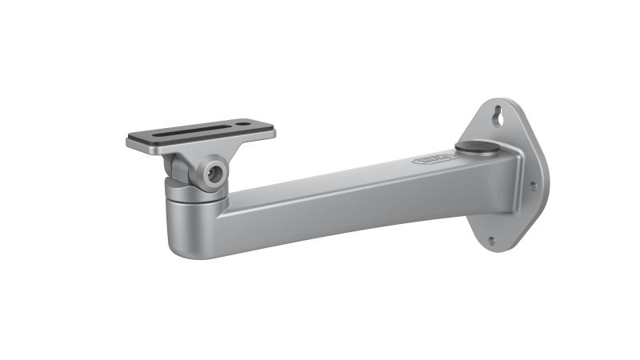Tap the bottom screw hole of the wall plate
click(491, 240)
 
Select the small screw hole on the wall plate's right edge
click(533, 185)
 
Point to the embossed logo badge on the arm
click(434, 160)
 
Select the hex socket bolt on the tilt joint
click(214, 173)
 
